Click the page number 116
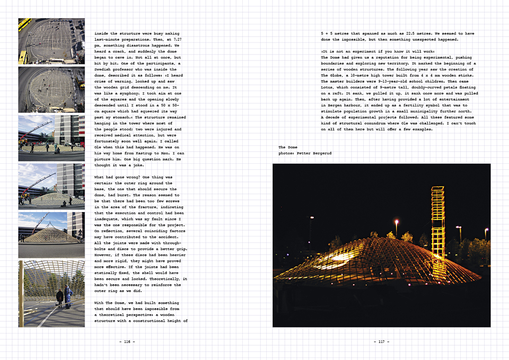(x=127, y=341)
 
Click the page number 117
(x=382, y=341)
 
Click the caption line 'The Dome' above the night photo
(x=289, y=147)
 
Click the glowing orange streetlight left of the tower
(x=396, y=222)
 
